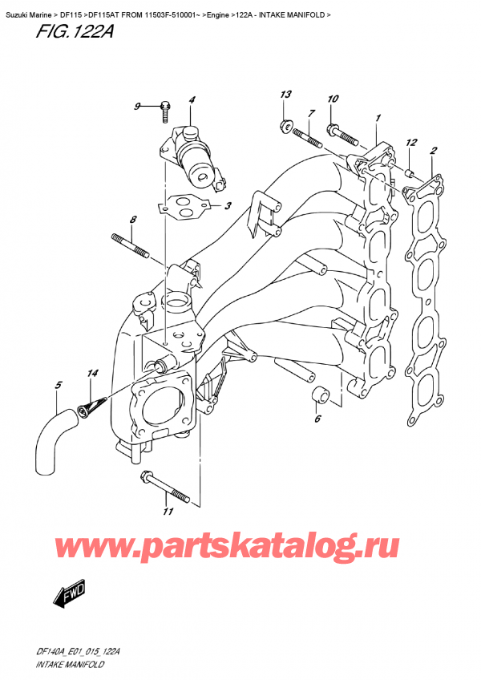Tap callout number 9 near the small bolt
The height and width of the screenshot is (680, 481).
click(x=137, y=107)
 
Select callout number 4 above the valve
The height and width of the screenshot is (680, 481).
click(x=192, y=100)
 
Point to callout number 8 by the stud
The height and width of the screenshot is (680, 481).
click(x=133, y=219)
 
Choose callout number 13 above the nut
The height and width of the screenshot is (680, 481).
click(x=283, y=95)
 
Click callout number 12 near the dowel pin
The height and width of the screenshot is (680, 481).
click(x=412, y=143)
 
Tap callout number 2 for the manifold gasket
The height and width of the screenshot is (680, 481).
click(x=434, y=150)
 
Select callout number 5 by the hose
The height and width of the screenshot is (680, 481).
click(x=58, y=387)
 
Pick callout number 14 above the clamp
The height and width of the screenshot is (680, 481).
click(x=93, y=373)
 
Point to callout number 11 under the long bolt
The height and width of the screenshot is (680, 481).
click(x=168, y=512)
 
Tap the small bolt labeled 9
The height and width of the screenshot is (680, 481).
click(x=165, y=108)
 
